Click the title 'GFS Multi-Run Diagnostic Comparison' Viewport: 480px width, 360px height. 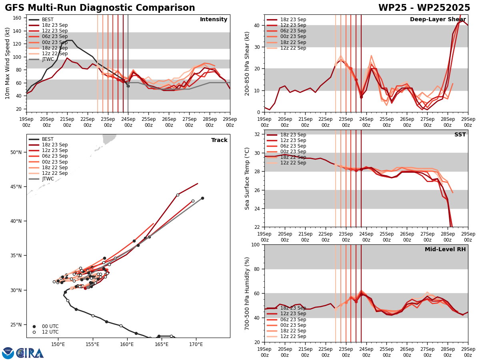(x=100, y=8)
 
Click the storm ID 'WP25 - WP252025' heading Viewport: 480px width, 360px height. (x=424, y=8)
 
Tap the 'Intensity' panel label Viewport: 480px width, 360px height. (x=214, y=20)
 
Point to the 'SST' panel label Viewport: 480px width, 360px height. (x=460, y=135)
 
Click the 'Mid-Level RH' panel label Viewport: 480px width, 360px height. (x=445, y=250)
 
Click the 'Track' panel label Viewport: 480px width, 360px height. (x=219, y=140)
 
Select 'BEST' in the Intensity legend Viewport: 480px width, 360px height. (x=48, y=20)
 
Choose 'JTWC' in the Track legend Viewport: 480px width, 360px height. (x=48, y=179)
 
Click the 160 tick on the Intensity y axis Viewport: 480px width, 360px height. (x=18, y=18)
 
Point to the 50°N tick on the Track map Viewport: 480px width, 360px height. (x=16, y=152)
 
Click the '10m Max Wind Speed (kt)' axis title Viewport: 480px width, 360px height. (x=8, y=63)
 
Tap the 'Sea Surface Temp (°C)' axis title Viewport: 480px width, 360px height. (x=247, y=178)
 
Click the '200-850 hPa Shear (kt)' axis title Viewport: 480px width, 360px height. (x=247, y=63)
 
